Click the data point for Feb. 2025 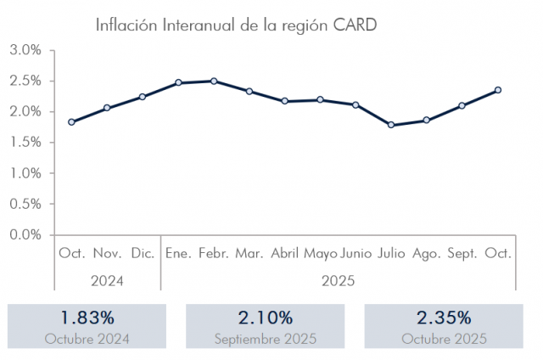214,82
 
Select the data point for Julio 391,125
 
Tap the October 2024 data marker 71,122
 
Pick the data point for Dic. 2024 143,97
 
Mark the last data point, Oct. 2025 498,90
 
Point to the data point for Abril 285,101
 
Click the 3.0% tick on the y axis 25,51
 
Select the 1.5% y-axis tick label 25,143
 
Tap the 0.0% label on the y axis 25,234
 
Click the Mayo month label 321,253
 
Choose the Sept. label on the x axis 462,253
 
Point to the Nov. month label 107,253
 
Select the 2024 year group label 107,280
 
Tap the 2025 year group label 338,280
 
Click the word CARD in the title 355,25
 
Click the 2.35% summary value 443,318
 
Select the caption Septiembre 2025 266,339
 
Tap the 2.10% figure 266,318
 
